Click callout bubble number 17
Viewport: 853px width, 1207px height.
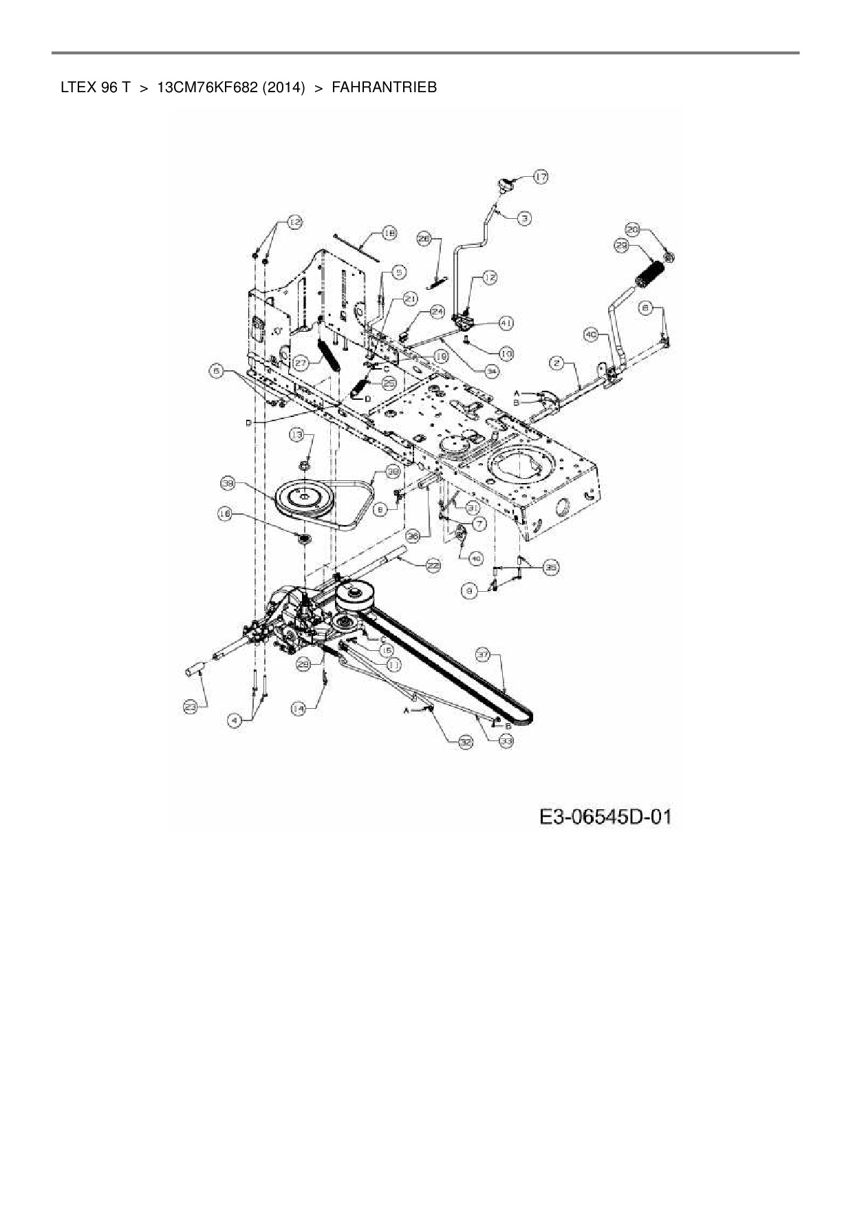pyautogui.click(x=541, y=177)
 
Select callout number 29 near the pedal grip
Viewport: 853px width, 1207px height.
pyautogui.click(x=621, y=245)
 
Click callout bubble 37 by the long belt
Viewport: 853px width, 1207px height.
pyautogui.click(x=484, y=656)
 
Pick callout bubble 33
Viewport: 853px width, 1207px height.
pyautogui.click(x=506, y=741)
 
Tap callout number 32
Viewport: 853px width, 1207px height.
pyautogui.click(x=466, y=742)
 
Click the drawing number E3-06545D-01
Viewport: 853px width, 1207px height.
pyautogui.click(x=605, y=817)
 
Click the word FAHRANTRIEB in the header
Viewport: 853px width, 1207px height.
pyautogui.click(x=384, y=87)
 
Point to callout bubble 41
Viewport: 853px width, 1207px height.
pyautogui.click(x=506, y=322)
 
